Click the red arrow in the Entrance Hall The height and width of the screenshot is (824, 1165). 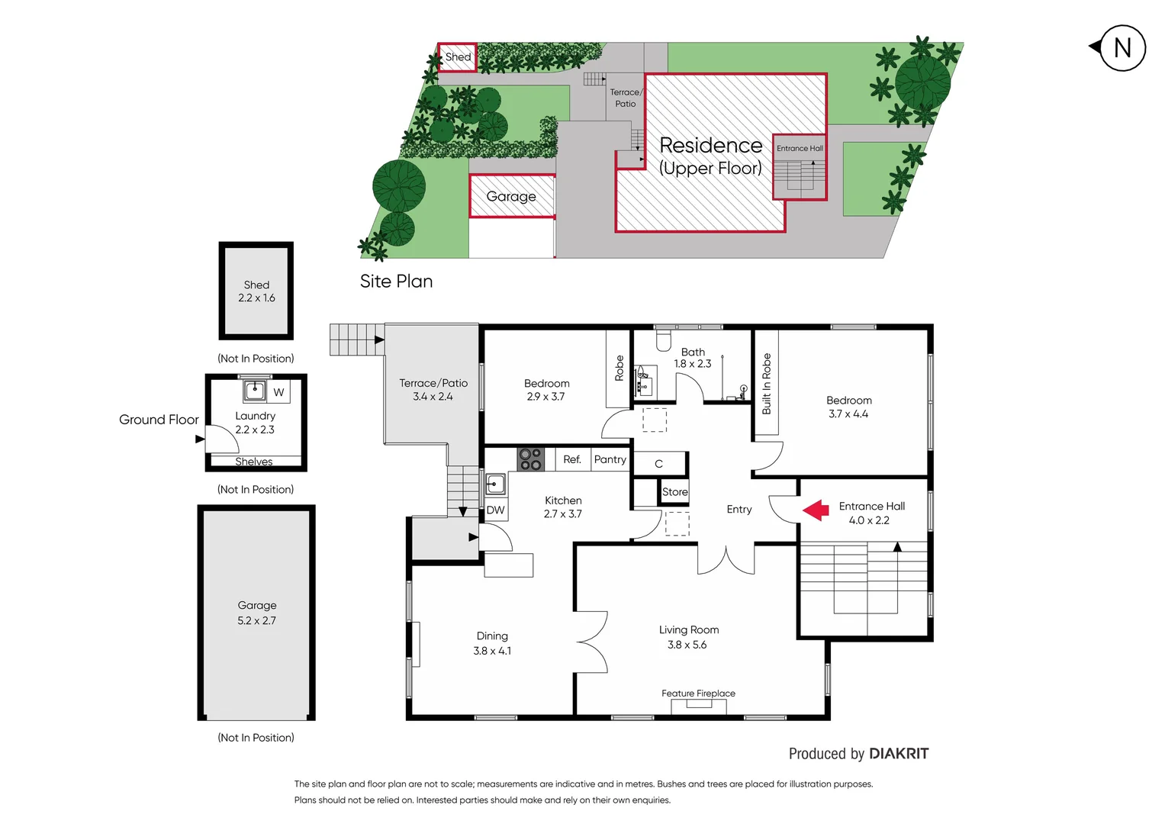point(816,510)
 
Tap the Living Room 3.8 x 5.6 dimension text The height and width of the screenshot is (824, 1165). point(687,645)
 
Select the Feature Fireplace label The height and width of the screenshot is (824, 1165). point(698,694)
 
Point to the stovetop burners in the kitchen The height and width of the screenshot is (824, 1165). point(530,459)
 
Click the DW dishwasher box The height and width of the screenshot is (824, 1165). point(495,510)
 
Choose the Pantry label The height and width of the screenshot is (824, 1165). point(610,459)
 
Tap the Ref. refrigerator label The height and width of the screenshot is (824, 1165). point(572,459)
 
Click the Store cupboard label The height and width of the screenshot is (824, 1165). point(674,492)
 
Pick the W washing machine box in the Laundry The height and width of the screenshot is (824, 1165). point(278,392)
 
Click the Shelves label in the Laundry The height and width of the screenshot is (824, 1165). point(254,462)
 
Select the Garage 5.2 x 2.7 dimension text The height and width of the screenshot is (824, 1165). point(256,621)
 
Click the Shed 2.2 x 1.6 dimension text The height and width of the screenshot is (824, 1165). point(256,298)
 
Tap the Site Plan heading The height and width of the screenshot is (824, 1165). point(396,282)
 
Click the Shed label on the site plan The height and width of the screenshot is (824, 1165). point(458,57)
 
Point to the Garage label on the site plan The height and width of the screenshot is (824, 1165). point(511,196)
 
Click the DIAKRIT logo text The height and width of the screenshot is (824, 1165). point(899,754)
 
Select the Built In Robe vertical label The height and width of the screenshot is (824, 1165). point(767,384)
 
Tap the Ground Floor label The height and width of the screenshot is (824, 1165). point(159,420)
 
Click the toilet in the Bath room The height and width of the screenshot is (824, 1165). point(664,339)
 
